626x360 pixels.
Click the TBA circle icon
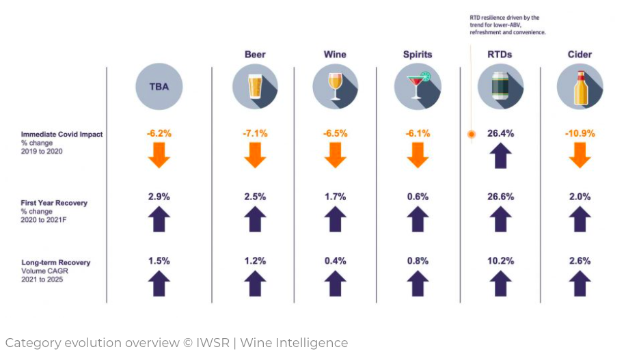coord(159,87)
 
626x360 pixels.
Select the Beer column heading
coord(255,54)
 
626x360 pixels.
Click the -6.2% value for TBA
coord(159,134)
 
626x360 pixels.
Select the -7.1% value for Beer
coord(255,134)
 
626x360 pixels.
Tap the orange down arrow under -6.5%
coord(335,155)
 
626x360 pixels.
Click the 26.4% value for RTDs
coord(500,134)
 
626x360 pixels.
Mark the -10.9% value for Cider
coord(580,134)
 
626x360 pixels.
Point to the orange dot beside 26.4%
coord(471,135)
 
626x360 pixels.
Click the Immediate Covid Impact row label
coord(62,135)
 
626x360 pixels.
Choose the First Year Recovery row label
coord(54,203)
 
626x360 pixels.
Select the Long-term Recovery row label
coord(55,262)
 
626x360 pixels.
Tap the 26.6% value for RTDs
coord(500,197)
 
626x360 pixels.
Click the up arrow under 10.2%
coord(500,283)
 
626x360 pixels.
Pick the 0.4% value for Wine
coord(335,260)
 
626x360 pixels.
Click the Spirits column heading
coord(417,54)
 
